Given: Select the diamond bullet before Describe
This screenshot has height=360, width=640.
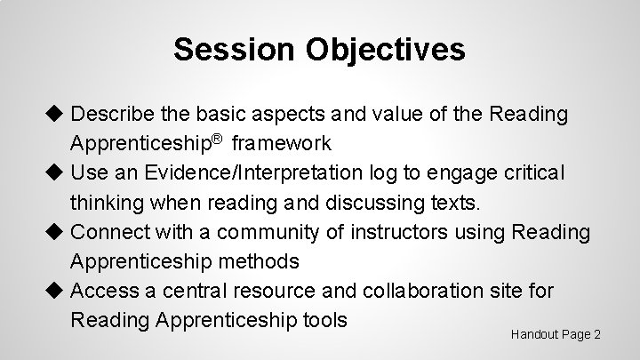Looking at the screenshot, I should (58, 115).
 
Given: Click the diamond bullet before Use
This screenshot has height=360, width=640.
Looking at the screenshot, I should (58, 172).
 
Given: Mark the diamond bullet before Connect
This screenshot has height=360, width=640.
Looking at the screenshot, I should (58, 232).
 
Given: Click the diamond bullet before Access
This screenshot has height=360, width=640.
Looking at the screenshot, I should (58, 290).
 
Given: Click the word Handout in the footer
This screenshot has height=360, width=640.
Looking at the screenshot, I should (537, 334).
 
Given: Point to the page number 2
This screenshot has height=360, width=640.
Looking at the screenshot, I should (597, 334).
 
